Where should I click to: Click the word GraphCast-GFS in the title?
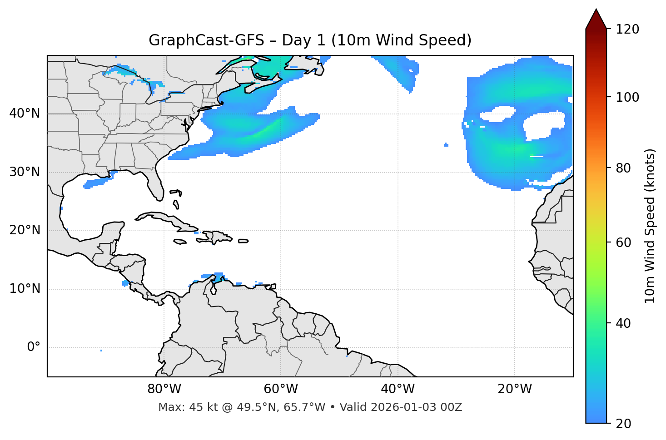[x=206, y=40]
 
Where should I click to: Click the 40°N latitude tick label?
[x=25, y=114]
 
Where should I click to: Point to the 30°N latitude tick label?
[x=25, y=172]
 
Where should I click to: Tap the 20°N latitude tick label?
[x=25, y=230]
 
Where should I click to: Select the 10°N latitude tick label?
[x=25, y=289]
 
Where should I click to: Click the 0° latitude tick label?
[x=34, y=347]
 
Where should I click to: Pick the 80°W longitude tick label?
[x=164, y=389]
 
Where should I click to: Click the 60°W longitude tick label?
[x=281, y=389]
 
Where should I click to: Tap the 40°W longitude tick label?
[x=398, y=389]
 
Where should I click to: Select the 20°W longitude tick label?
[x=514, y=389]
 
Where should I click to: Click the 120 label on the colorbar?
[x=627, y=30]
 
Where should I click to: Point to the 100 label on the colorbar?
[x=627, y=97]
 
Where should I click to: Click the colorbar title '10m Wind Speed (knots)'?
[x=650, y=226]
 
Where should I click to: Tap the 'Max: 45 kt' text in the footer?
[x=178, y=407]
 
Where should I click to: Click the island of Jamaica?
[x=180, y=242]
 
